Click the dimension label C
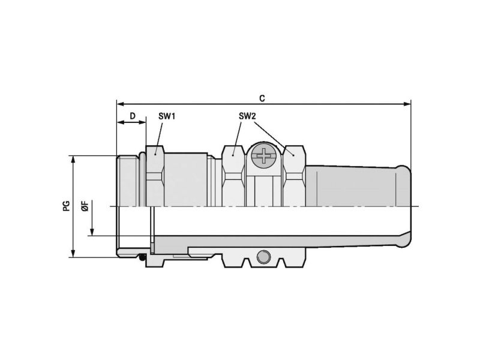click(262, 98)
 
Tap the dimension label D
click(133, 116)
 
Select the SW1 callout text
click(167, 116)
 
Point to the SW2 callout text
click(247, 116)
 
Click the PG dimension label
click(67, 206)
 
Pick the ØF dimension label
click(85, 206)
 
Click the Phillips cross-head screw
click(263, 155)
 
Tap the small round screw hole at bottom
click(263, 257)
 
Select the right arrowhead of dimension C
click(407, 104)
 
